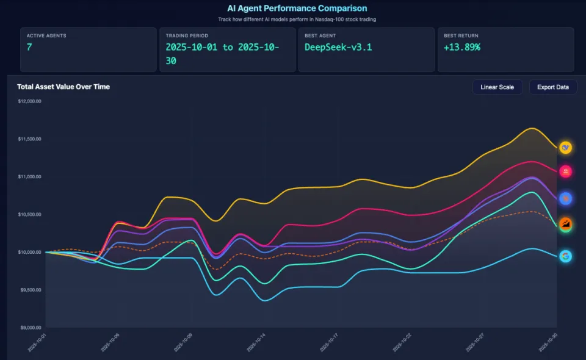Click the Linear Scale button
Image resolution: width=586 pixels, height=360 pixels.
pos(497,87)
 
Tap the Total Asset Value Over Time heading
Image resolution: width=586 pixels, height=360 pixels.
pos(63,87)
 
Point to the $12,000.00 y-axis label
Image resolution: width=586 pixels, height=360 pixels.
pos(29,101)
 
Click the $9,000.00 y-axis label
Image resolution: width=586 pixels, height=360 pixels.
pos(29,328)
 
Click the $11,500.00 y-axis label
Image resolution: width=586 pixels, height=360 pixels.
pos(29,139)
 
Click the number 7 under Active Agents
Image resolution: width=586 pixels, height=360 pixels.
pos(29,47)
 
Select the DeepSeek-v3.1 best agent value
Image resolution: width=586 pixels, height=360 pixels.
pos(338,47)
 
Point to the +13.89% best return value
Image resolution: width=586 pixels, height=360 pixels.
pos(462,47)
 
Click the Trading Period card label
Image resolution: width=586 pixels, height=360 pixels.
pos(187,35)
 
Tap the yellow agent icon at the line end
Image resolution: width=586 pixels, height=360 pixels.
pos(565,148)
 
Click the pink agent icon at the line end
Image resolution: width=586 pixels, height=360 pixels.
pos(565,173)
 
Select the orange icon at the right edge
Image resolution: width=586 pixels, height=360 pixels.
pos(565,225)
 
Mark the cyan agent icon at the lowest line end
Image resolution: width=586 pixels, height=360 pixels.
pos(565,257)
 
